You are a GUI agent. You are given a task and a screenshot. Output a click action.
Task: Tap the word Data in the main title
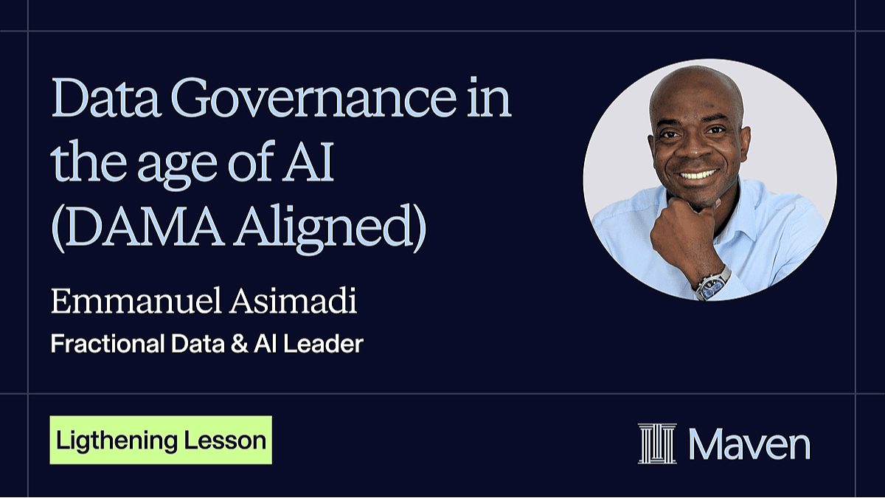[x=106, y=97]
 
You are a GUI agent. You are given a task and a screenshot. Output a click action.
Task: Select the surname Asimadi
[x=294, y=301]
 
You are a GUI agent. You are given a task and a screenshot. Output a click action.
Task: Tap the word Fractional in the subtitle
[x=108, y=344]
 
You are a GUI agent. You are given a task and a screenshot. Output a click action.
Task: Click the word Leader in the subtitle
[x=323, y=344]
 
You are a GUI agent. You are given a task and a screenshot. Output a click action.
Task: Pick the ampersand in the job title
[x=240, y=344]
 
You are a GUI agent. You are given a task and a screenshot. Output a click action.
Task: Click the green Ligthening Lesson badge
[x=161, y=440]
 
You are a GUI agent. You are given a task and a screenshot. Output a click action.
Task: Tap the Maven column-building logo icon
[x=657, y=443]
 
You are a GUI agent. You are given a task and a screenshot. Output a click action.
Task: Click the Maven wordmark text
[x=749, y=445]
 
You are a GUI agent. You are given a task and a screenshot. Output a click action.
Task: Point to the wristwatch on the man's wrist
[x=710, y=285]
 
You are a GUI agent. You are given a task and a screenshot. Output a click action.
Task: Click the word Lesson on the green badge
[x=225, y=440]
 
